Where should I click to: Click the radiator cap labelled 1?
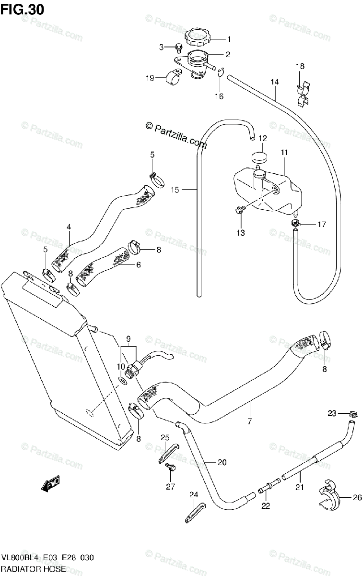coord(199,37)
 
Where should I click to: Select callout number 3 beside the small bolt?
coord(162,47)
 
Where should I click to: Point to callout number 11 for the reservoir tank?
coord(284,153)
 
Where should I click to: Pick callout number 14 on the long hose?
coord(274,82)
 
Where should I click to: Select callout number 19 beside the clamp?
coord(149,78)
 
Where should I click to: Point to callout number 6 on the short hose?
coord(138,264)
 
